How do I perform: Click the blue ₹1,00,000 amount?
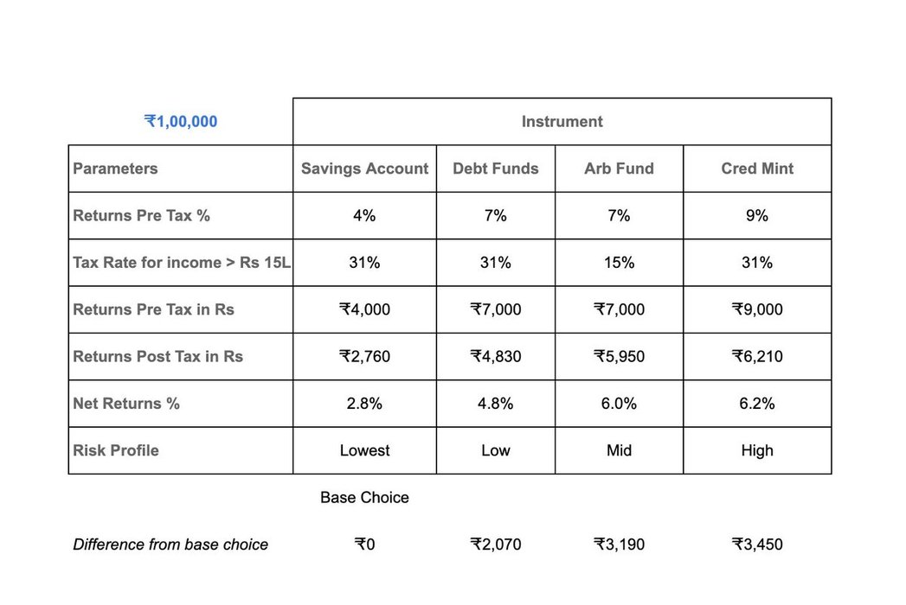click(x=181, y=122)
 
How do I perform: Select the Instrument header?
click(x=562, y=122)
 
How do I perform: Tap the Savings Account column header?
click(x=364, y=169)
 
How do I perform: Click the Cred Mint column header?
click(x=756, y=169)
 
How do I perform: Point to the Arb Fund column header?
click(x=619, y=169)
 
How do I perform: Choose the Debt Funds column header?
click(x=495, y=169)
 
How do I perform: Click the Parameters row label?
click(x=115, y=169)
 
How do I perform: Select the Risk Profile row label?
click(x=116, y=450)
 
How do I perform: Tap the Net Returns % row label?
click(x=126, y=404)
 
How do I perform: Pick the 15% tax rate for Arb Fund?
click(x=619, y=263)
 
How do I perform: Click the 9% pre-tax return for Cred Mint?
click(x=756, y=216)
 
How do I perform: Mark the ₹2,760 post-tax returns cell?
click(x=364, y=356)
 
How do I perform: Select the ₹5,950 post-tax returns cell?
click(x=619, y=356)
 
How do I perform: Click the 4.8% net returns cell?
click(x=495, y=404)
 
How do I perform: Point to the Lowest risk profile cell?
click(x=364, y=450)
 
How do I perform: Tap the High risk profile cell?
click(x=756, y=450)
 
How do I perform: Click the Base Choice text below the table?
click(x=364, y=498)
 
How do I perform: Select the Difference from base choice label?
click(x=170, y=544)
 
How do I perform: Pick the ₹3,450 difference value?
click(x=756, y=544)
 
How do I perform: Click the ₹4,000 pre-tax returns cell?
click(x=364, y=309)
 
